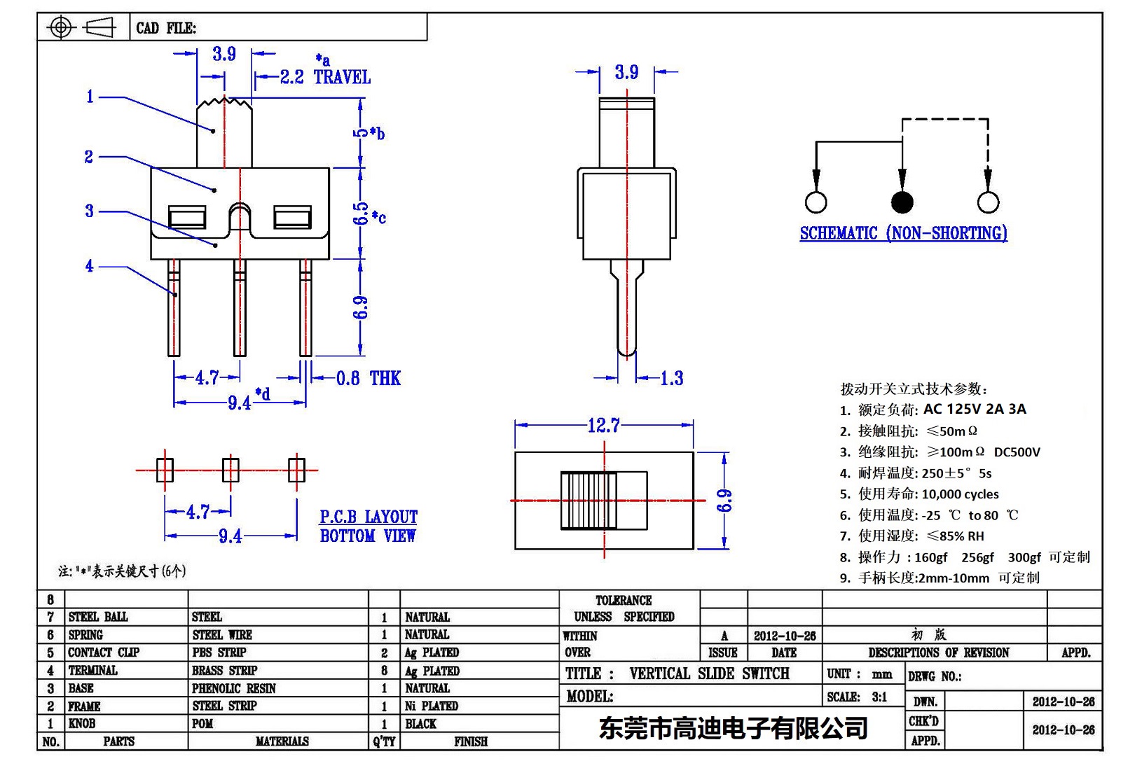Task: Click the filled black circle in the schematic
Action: (x=902, y=202)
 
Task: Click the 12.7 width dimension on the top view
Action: (x=603, y=425)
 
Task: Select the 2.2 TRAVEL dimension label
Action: (x=325, y=77)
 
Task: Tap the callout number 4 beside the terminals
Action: (x=89, y=266)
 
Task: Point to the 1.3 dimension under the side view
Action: (x=671, y=379)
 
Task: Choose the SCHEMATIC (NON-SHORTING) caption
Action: (x=903, y=233)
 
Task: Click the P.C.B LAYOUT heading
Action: (x=369, y=517)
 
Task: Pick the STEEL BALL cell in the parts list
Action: (x=98, y=617)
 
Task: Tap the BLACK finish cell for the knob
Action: (x=420, y=724)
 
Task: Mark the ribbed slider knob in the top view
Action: (x=589, y=501)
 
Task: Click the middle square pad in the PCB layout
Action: (x=231, y=470)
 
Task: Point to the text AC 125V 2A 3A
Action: (x=975, y=409)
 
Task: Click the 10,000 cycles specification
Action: (x=960, y=494)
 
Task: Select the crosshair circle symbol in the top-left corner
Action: (x=61, y=28)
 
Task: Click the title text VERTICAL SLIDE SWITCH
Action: (x=709, y=673)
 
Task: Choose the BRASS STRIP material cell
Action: (x=224, y=671)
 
